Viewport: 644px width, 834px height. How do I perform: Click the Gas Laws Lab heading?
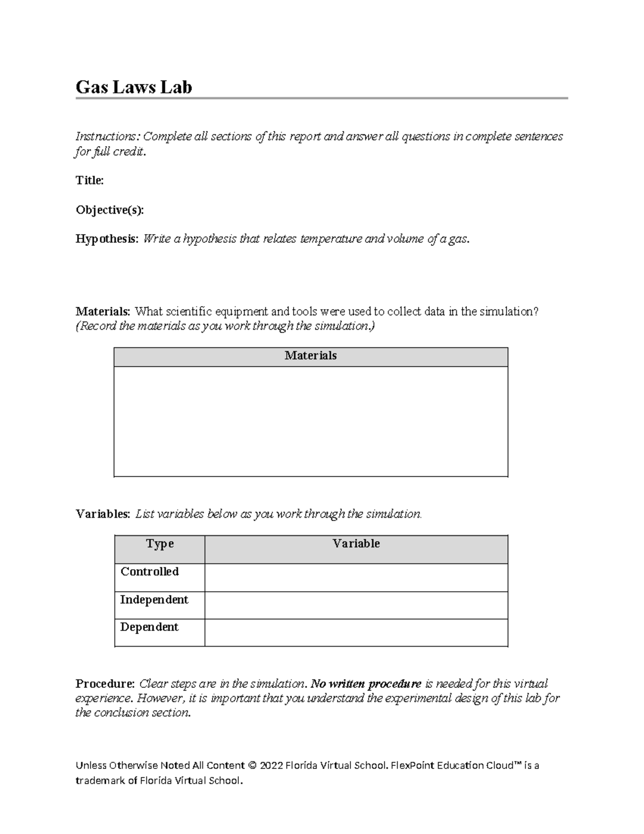click(x=134, y=87)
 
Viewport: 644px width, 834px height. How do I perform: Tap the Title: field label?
click(x=90, y=180)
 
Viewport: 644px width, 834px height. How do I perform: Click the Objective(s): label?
click(x=109, y=210)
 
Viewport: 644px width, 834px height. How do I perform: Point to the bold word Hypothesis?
click(x=107, y=239)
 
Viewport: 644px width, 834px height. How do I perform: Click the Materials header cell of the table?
click(x=310, y=356)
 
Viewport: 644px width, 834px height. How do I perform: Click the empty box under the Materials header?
click(x=310, y=422)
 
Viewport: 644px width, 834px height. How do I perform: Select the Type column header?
click(x=159, y=544)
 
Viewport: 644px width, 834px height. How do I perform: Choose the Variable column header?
click(x=356, y=544)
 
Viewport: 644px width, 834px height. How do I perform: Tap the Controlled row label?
click(x=149, y=572)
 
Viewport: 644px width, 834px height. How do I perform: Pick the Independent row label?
click(x=154, y=600)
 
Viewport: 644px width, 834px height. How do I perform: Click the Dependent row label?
click(x=149, y=627)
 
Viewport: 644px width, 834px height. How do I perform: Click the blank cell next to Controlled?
click(x=356, y=578)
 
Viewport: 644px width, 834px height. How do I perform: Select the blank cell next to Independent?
click(x=356, y=606)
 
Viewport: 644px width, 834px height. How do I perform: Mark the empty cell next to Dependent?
click(x=356, y=633)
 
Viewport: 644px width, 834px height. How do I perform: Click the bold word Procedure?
click(x=105, y=684)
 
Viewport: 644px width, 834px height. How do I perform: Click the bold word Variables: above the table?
click(x=103, y=514)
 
